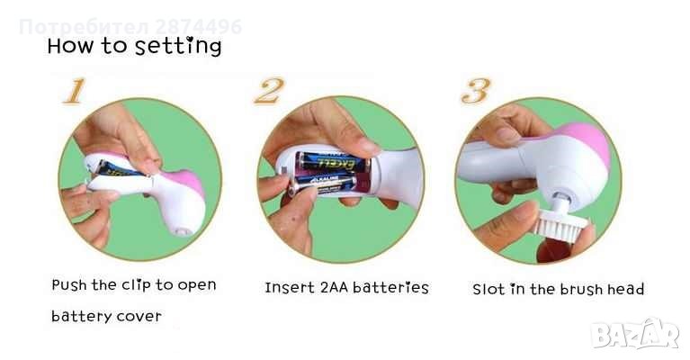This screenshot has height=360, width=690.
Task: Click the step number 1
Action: pos(75,91)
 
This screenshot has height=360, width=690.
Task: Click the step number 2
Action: pos(269,90)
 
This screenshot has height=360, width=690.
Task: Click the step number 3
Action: pos(476,91)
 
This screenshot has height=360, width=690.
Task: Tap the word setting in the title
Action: pos(178,47)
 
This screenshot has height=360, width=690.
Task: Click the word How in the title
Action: pos(70,46)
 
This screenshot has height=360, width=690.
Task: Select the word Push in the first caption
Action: pos(69,285)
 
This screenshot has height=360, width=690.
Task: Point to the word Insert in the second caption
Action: pos(290,288)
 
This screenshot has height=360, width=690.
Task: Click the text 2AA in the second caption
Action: pos(334,288)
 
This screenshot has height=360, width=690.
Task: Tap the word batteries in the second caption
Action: pos(390,288)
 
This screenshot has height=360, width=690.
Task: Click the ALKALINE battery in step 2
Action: pos(325,184)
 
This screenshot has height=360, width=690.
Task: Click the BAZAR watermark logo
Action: pos(635,334)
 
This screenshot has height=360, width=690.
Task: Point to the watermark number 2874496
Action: pos(199,27)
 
